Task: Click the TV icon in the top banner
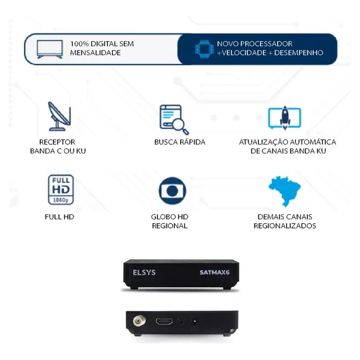(49, 49)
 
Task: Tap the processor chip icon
(203, 49)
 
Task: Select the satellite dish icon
(59, 117)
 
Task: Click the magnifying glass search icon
(174, 119)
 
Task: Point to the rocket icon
(285, 118)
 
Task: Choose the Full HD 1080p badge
(61, 190)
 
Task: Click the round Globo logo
(172, 191)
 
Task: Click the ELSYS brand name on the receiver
(144, 273)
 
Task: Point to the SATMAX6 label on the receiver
(214, 273)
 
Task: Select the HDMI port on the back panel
(164, 321)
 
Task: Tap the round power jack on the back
(195, 321)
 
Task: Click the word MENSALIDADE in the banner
(95, 53)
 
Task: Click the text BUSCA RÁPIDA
(180, 142)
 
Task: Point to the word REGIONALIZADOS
(285, 226)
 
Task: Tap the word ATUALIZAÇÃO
(261, 143)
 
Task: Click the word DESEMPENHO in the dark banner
(299, 53)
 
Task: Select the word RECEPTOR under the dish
(57, 142)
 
